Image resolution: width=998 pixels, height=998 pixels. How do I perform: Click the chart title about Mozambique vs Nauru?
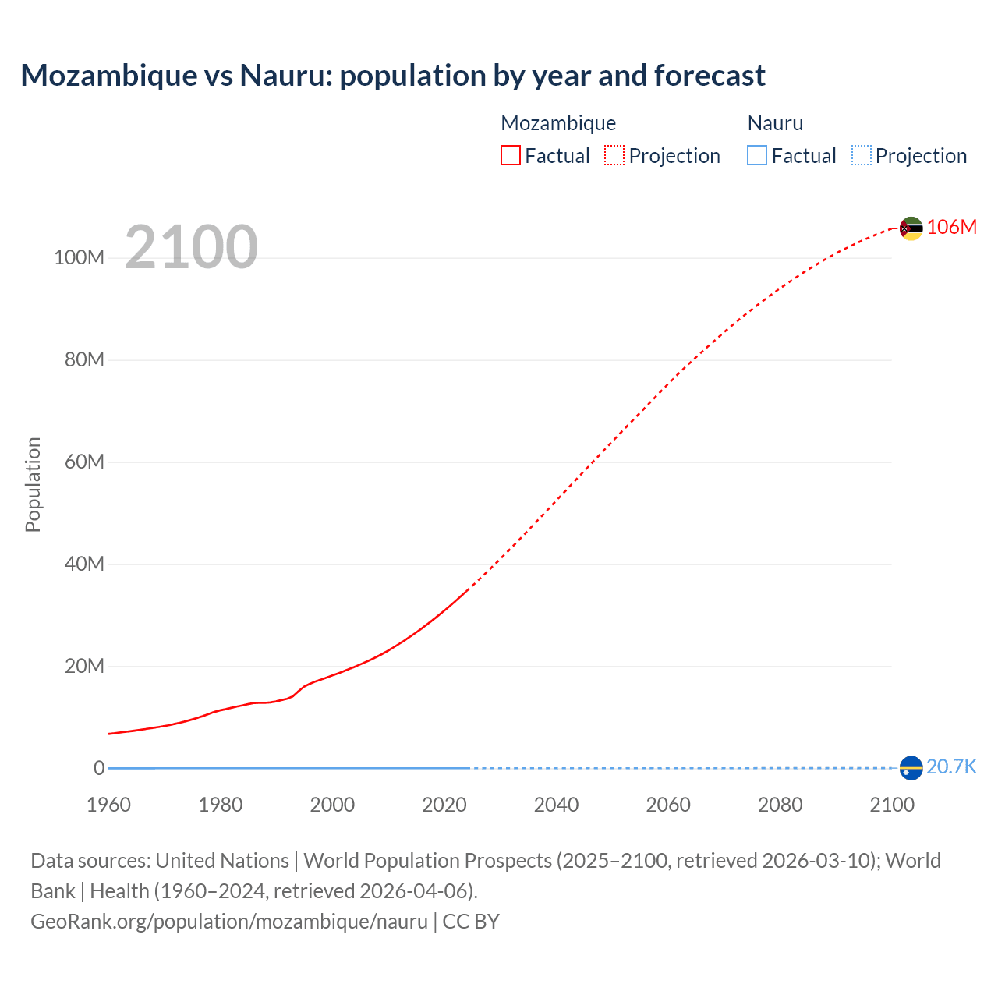(x=393, y=76)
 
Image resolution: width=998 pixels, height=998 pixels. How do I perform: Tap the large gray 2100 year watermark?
(x=191, y=247)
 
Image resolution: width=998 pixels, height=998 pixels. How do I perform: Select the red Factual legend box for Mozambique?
(x=511, y=156)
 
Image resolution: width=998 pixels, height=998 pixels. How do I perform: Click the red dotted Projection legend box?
(x=614, y=156)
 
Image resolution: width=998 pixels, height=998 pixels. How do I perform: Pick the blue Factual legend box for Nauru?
(x=757, y=156)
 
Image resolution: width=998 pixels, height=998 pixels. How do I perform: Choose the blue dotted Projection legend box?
(x=862, y=156)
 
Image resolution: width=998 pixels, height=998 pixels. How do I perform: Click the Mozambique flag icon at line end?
(x=911, y=228)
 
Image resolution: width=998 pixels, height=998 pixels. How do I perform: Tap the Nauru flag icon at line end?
(x=911, y=768)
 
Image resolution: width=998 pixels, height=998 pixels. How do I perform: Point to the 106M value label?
(x=952, y=227)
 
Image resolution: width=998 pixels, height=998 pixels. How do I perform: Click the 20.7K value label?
(x=951, y=767)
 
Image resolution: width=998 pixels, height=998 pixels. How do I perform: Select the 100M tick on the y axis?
(x=79, y=258)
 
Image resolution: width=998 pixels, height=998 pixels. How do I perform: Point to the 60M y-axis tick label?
(x=84, y=462)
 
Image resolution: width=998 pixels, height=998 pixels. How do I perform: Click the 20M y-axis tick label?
(x=84, y=667)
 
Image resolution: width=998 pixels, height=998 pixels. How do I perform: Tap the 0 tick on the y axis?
(x=99, y=769)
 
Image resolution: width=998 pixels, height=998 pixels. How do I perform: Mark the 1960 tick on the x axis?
(x=108, y=805)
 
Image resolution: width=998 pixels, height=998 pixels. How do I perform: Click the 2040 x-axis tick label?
(x=556, y=805)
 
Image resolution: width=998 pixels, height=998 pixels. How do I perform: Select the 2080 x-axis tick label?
(x=780, y=805)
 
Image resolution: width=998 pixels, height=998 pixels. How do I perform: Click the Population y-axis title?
(x=33, y=484)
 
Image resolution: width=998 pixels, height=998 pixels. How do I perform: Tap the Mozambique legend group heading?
(x=558, y=123)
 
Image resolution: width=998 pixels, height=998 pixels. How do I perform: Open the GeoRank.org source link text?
(x=229, y=922)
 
